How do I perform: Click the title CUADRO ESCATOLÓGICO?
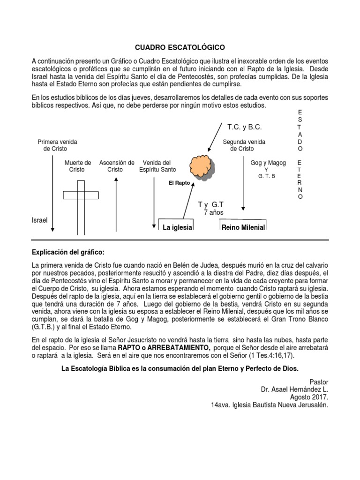pos(180,48)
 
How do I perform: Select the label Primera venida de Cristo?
pos(57,145)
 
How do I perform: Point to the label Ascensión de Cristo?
pos(117,166)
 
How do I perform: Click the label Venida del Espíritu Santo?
pos(157,166)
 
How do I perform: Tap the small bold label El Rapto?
pos(179,183)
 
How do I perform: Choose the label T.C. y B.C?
pos(244,127)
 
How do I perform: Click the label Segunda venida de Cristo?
pos(244,145)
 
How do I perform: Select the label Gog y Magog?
pos(268,163)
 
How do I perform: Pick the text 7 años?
pos(214,213)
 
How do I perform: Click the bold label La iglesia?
pos(178,228)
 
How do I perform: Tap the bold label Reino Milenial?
pos(243,228)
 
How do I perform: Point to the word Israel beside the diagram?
pos(39,220)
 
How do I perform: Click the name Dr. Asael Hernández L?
pos(294,389)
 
